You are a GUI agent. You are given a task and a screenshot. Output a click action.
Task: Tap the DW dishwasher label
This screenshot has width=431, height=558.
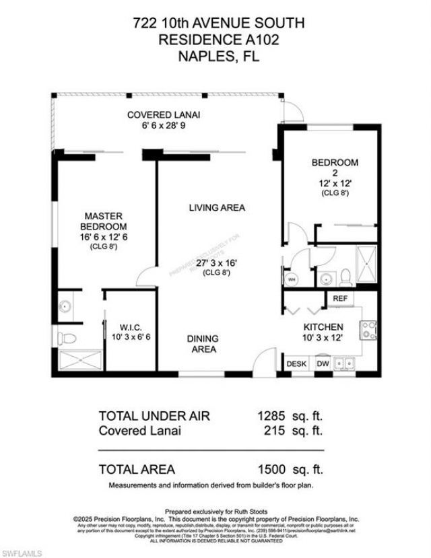pos(323,364)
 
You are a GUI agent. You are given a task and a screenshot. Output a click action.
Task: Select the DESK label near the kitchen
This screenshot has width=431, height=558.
pos(296,364)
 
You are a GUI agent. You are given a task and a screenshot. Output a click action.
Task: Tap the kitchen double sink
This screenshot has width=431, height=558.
pos(347,364)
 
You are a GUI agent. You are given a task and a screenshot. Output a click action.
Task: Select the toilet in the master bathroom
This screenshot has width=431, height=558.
pos(64,337)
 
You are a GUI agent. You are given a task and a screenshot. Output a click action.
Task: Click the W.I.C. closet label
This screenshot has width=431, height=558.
pos(130,328)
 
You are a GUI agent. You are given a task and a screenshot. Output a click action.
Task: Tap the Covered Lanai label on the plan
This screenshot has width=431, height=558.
pos(164,115)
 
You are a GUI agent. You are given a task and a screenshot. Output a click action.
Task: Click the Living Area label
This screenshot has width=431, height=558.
pos(216,208)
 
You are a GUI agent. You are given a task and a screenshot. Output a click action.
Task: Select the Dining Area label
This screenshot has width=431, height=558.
pos(203,344)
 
